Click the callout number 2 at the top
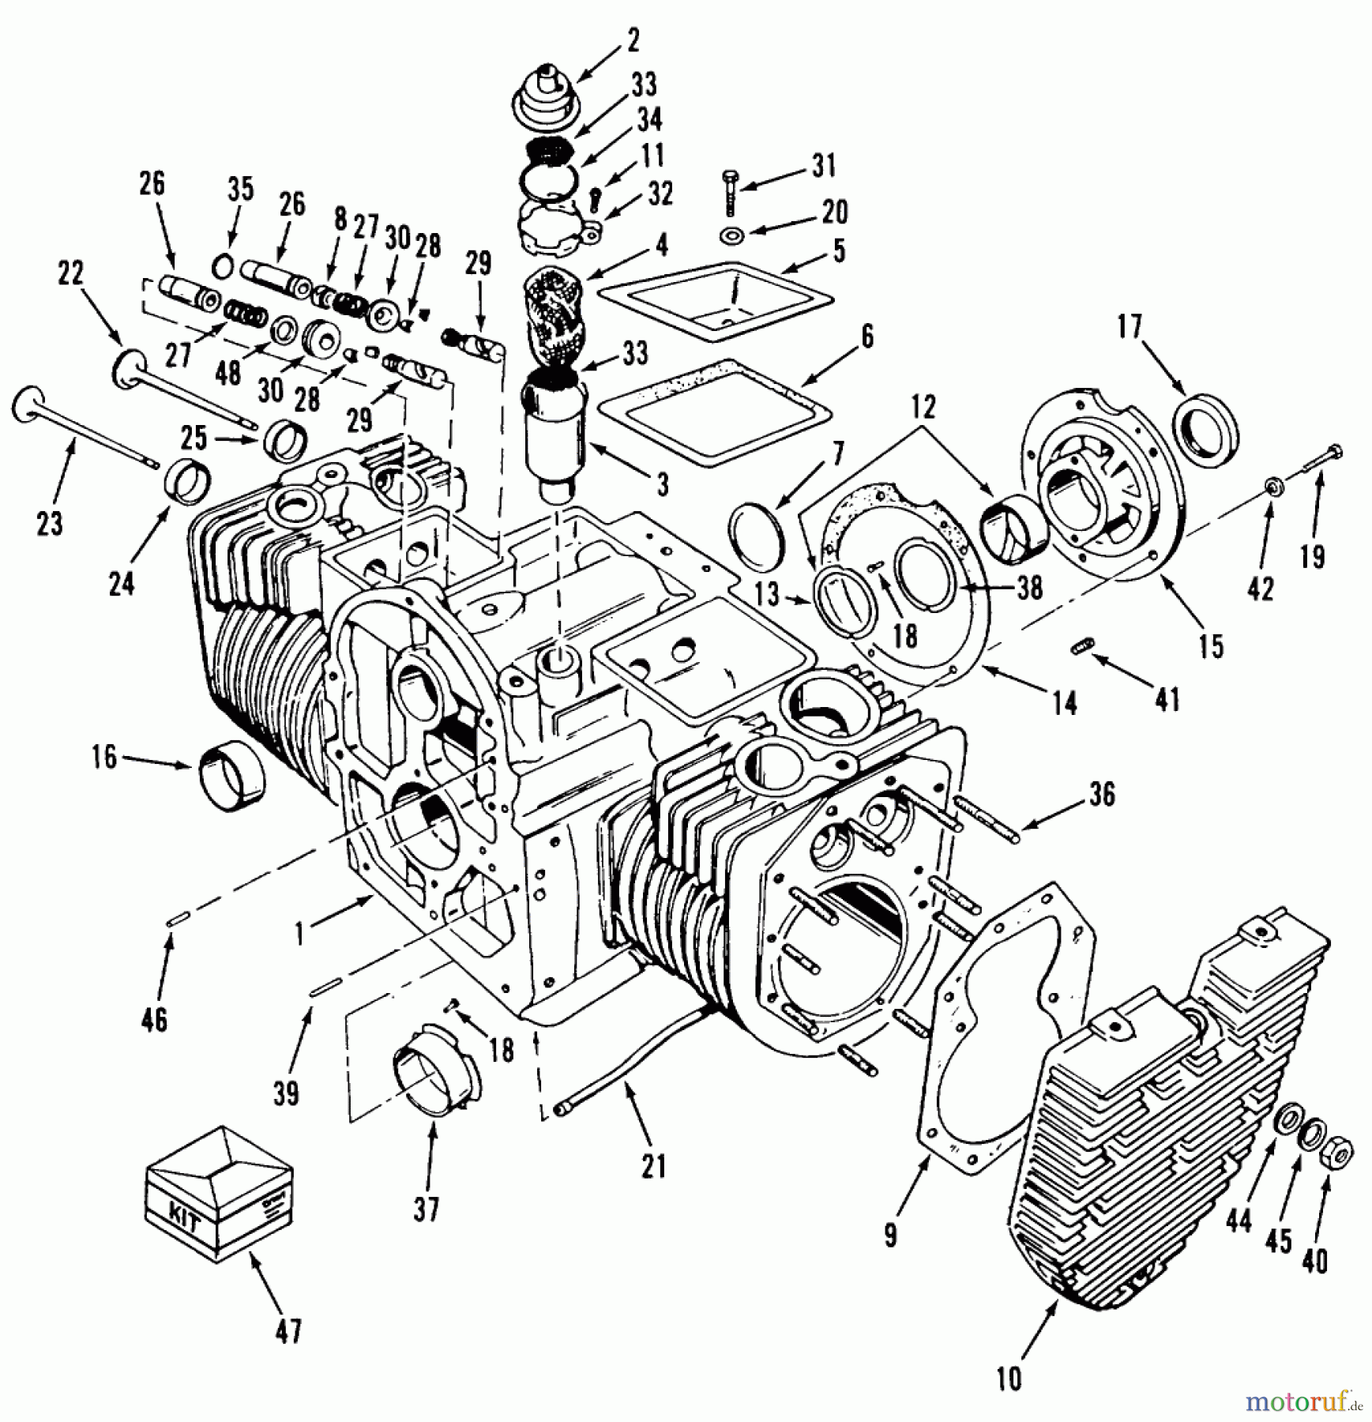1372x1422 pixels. (x=633, y=39)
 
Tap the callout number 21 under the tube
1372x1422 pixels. (x=652, y=1164)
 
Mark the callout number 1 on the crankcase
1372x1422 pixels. (x=300, y=933)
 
